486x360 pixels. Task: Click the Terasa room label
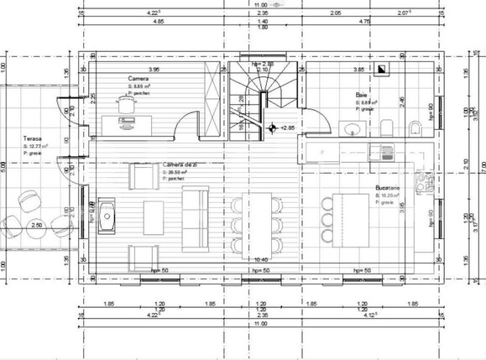point(33,139)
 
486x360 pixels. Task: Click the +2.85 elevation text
point(288,128)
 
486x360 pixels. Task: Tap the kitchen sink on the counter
point(387,154)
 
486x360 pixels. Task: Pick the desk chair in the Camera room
point(127,103)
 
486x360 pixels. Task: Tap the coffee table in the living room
point(155,209)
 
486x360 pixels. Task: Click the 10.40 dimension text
point(262,261)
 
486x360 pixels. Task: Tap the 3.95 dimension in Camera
point(153,70)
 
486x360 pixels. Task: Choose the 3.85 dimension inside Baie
point(358,70)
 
